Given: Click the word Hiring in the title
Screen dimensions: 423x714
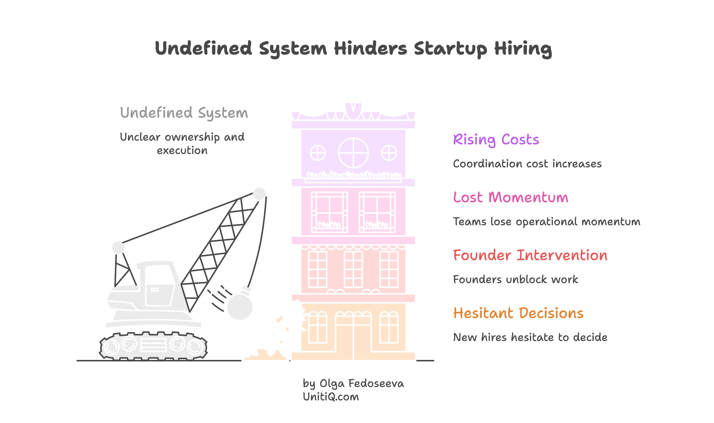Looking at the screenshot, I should pos(523,49).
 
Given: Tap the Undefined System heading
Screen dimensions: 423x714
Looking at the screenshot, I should pos(184,113).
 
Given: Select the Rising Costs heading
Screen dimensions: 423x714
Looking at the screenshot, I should pos(496,140).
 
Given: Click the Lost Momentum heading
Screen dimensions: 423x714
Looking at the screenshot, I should pos(511,197).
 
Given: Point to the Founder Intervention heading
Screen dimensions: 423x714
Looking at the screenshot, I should pos(530,255).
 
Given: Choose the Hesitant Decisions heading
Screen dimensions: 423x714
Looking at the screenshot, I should pos(518,313).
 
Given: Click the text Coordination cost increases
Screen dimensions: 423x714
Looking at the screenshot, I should pos(527,164).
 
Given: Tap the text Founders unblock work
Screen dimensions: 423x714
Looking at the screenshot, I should pos(515,279).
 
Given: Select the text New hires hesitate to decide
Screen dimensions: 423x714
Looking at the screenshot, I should pos(530,337).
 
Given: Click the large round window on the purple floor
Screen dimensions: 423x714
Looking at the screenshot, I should pos(353,153).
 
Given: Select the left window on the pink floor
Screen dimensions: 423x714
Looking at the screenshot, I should pos(329,212).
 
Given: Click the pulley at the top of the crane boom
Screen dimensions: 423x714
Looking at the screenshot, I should pos(259,194).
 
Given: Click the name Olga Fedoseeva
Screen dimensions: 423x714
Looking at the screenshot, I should pos(362,383).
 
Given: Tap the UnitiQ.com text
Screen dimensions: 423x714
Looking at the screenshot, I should pos(331,397).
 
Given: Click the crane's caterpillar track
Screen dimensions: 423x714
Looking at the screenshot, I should pos(153,346).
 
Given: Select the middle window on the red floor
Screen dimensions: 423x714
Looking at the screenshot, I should pos(353,269).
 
